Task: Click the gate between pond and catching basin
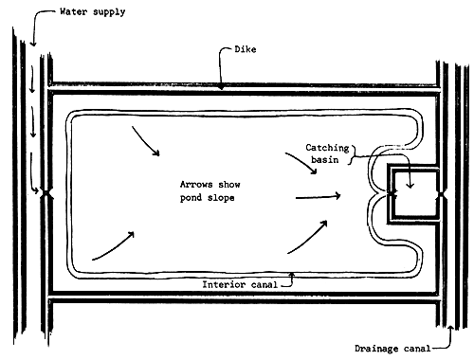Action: (x=392, y=194)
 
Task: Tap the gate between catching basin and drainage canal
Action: (x=440, y=194)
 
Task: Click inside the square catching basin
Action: (x=415, y=194)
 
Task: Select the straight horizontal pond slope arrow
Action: (x=319, y=197)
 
